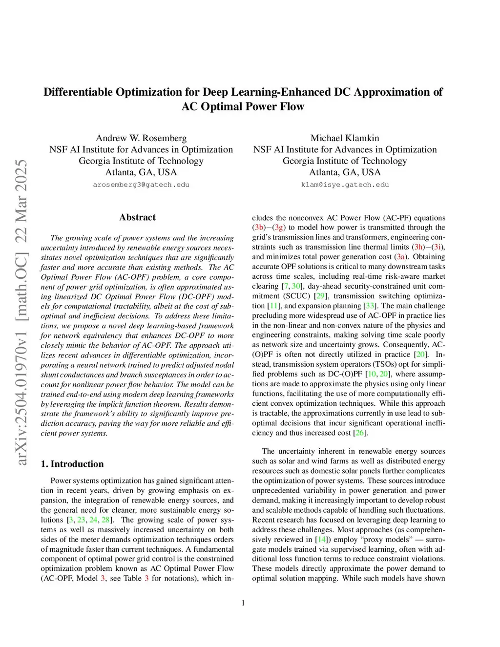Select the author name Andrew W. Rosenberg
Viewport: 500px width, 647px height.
(x=141, y=138)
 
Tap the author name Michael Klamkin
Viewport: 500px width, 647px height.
(x=345, y=138)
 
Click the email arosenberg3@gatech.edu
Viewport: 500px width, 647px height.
(x=141, y=185)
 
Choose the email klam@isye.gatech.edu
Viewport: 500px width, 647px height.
(x=345, y=185)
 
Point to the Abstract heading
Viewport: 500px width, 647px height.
(x=137, y=217)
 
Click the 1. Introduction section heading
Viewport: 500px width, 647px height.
(x=72, y=464)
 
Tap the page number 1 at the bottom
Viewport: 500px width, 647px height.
(x=243, y=603)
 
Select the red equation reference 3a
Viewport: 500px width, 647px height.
(x=401, y=257)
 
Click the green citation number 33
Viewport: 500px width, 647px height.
(x=370, y=306)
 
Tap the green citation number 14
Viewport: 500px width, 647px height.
(x=321, y=540)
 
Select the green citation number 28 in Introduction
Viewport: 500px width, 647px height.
(x=106, y=520)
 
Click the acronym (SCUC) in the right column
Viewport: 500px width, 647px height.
(x=296, y=296)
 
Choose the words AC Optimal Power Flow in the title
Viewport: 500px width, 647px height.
(x=243, y=107)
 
